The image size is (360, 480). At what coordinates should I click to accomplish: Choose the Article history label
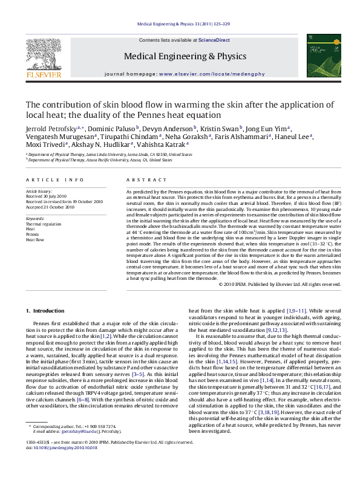point(39,190)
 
